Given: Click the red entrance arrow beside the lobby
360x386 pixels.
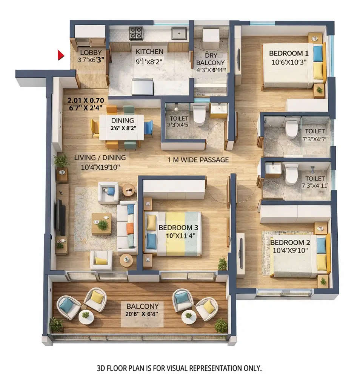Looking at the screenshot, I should pos(60,55).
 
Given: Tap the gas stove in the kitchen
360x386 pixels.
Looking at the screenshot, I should pos(136,33).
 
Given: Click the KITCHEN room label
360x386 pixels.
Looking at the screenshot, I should pos(149,51).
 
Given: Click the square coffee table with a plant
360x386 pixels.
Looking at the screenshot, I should pos(102,224).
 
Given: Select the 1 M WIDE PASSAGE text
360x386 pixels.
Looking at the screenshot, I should pos(198,160).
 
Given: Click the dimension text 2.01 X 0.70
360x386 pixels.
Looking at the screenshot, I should pos(86,101).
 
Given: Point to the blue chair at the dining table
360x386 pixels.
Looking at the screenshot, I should pos(148,128).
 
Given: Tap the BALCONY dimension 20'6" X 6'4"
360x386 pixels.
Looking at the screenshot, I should pos(142,314).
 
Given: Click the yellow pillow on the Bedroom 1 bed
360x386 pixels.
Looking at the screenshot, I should pos(318,70).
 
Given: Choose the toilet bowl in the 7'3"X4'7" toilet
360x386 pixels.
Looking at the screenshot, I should pos(291,129).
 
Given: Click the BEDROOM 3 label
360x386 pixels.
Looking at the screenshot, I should pos(178,228).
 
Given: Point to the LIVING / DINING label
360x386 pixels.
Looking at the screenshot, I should pos(100,158).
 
